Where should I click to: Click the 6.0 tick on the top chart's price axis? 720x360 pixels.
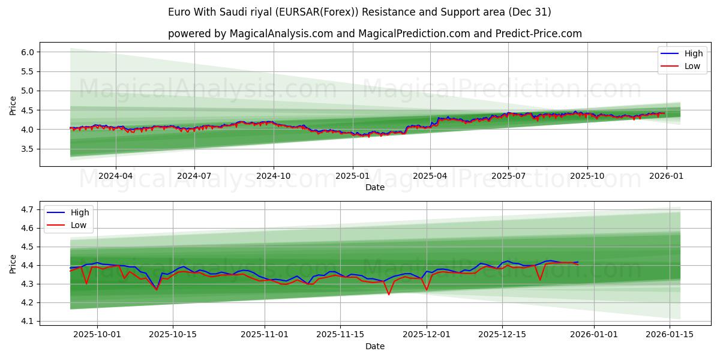coord(27,52)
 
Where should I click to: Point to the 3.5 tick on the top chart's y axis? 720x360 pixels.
coord(27,149)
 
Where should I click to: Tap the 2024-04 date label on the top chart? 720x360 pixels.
coord(115,176)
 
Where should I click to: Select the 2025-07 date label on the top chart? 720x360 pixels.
coord(508,176)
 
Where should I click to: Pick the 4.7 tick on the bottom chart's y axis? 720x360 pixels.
coord(27,209)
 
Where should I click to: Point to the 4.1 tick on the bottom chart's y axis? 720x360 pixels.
coord(27,321)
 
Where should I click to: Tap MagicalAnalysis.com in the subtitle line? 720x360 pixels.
coord(281,34)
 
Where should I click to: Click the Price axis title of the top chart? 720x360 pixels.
coord(13,105)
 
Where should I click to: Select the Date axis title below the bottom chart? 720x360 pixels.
coord(375,346)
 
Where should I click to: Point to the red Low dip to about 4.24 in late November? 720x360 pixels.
coord(388,294)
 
